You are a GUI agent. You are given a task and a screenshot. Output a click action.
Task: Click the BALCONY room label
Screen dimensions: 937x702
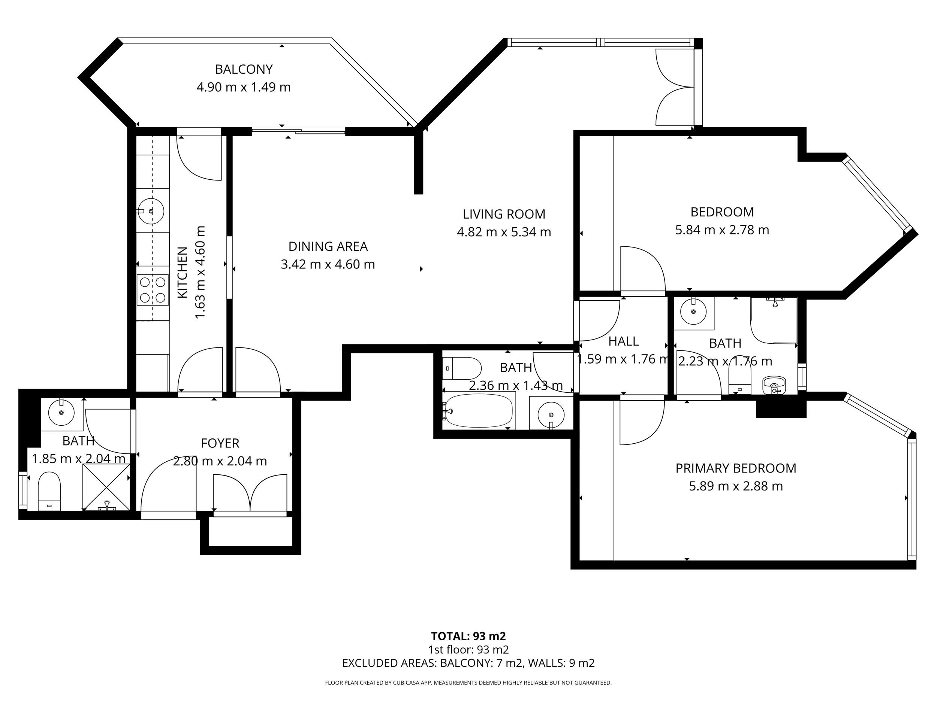(x=244, y=69)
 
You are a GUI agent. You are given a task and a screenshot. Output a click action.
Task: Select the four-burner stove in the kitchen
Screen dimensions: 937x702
(x=153, y=290)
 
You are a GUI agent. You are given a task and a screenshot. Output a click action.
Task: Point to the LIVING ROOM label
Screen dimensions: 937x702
(x=504, y=214)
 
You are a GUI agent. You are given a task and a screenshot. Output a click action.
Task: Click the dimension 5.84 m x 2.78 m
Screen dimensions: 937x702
(x=722, y=230)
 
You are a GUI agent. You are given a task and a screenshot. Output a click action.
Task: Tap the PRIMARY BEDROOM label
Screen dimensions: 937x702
(x=736, y=468)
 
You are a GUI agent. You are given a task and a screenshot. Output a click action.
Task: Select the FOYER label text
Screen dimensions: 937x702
(x=220, y=443)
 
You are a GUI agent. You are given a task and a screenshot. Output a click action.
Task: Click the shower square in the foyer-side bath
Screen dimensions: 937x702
(x=106, y=487)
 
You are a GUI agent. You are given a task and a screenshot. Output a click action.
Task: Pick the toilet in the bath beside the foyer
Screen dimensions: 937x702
(x=49, y=492)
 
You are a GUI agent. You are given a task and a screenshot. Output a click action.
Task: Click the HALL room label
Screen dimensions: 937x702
(x=623, y=341)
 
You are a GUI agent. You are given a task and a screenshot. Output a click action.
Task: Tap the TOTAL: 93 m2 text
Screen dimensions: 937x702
(x=468, y=636)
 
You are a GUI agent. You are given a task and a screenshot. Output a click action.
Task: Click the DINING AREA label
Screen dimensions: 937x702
(x=328, y=246)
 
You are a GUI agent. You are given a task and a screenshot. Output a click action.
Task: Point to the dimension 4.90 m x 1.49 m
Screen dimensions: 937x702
(x=244, y=87)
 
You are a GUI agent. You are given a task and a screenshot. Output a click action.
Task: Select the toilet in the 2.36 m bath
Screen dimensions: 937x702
(x=462, y=368)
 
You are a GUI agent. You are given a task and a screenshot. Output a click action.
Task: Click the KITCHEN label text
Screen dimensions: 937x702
(x=182, y=273)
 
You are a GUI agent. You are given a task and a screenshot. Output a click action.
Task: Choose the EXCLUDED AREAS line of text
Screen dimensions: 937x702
(x=468, y=663)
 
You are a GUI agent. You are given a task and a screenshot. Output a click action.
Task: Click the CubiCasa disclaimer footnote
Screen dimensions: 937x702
(x=468, y=683)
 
